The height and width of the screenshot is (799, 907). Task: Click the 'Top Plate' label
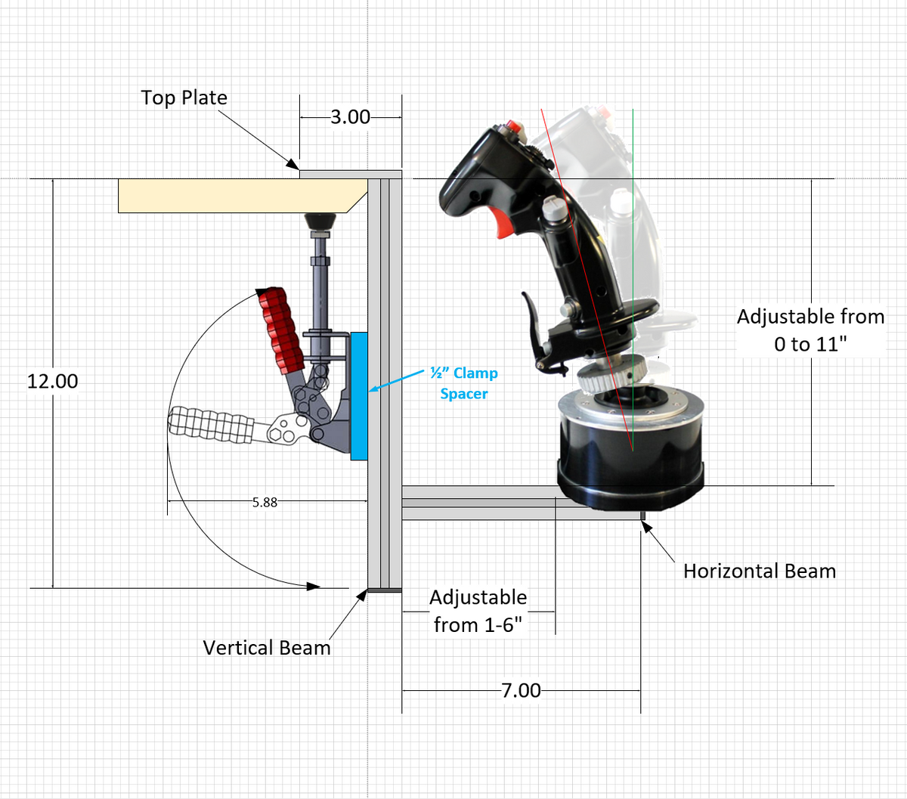[184, 98]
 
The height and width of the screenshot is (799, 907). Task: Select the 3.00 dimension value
[350, 117]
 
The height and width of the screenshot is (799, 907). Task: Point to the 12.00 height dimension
[52, 381]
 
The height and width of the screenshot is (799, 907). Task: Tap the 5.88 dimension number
[265, 502]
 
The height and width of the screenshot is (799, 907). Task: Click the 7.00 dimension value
[521, 690]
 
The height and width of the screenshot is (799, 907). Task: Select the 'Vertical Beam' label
[267, 648]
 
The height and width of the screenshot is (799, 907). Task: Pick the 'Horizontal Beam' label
[760, 571]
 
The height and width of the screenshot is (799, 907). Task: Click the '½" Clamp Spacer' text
[464, 383]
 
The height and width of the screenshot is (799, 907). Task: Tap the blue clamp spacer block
[358, 395]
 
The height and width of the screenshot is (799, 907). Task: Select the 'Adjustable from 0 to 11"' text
[810, 330]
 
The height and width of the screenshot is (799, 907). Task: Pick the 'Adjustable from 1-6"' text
[478, 611]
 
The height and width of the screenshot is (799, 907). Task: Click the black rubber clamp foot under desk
[320, 221]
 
